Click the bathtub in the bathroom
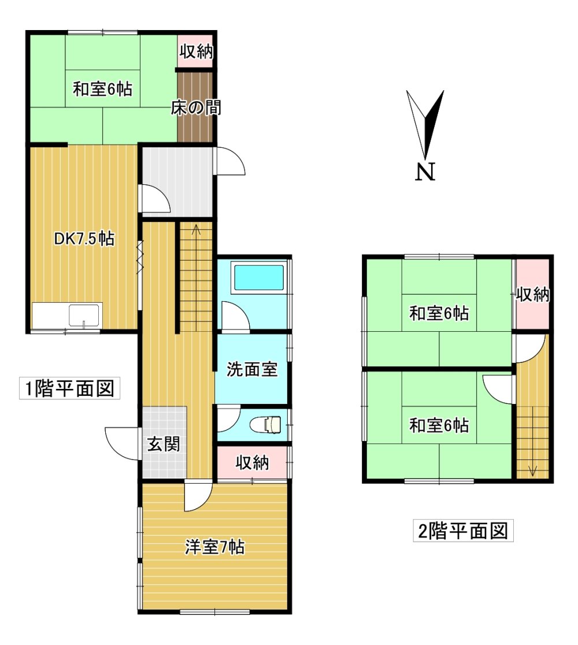tap(259, 278)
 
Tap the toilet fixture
tap(266, 425)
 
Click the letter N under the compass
tap(425, 172)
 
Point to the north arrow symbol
tap(425, 124)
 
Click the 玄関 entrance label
tap(164, 444)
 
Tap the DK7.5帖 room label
tap(84, 239)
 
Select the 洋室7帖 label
tap(214, 547)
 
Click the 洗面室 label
tap(252, 369)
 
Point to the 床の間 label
tap(196, 108)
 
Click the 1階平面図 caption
tap(69, 388)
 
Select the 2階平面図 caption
tap(463, 531)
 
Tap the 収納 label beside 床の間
tap(197, 51)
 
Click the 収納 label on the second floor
tap(533, 295)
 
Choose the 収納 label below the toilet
tap(252, 463)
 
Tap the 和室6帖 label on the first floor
tap(102, 89)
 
